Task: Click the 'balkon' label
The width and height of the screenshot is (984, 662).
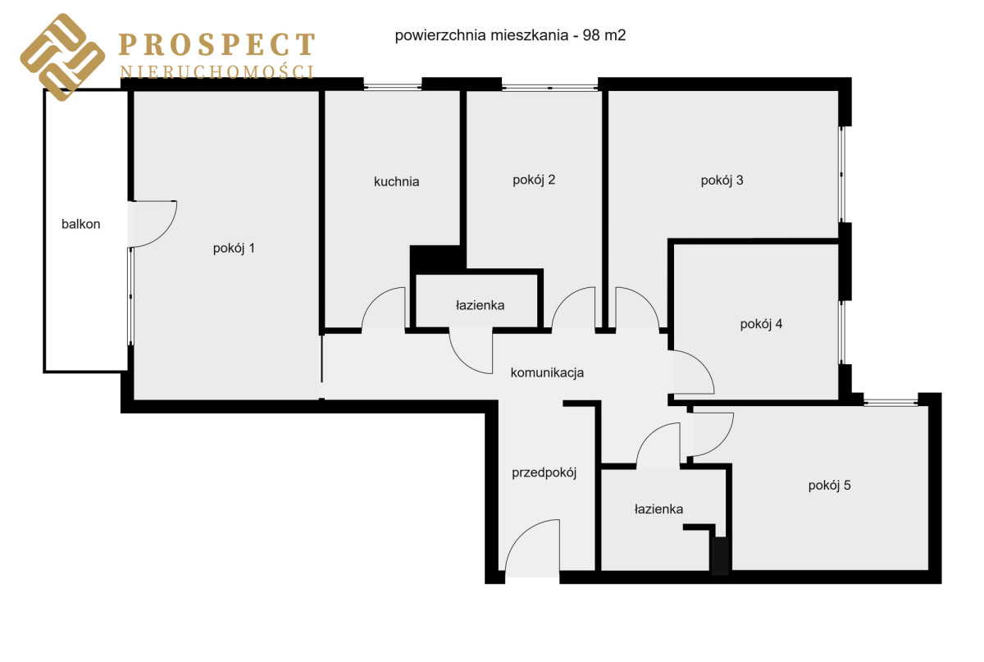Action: (x=81, y=224)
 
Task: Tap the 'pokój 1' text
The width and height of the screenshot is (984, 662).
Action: (x=234, y=249)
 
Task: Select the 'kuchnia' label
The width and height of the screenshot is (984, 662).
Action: (x=396, y=181)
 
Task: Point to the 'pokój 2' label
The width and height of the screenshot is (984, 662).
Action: (x=534, y=180)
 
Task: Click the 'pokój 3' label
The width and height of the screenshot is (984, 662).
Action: (x=722, y=180)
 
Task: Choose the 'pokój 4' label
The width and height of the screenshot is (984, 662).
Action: (x=761, y=324)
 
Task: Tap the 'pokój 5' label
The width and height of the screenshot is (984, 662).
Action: (x=829, y=486)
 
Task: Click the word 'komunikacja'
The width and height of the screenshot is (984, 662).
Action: (x=547, y=372)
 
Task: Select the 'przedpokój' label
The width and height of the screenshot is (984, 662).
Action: (x=544, y=473)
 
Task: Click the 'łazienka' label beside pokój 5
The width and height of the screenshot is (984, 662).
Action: (x=658, y=509)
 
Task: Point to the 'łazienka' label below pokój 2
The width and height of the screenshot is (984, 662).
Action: (x=480, y=305)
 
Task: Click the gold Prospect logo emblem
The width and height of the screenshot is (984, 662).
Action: (x=62, y=57)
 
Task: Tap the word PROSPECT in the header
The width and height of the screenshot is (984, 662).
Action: (x=217, y=44)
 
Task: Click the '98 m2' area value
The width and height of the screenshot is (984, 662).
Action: (x=604, y=35)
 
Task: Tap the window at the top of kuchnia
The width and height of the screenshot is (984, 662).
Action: (x=393, y=87)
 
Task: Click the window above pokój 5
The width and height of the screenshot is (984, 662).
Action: (x=891, y=402)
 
